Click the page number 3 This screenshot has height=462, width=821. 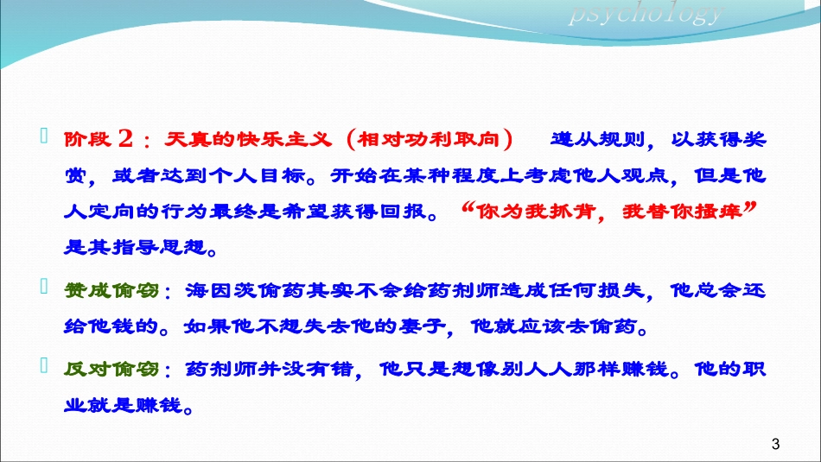pos(775,446)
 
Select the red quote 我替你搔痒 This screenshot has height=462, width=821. pos(682,212)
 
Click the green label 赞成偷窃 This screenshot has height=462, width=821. pos(110,291)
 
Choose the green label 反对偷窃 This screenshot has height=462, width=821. pos(110,370)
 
